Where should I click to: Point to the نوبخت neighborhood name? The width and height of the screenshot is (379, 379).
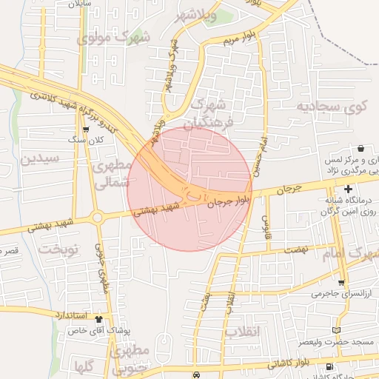[x=58, y=249]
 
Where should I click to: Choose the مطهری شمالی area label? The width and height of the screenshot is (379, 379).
[x=113, y=172]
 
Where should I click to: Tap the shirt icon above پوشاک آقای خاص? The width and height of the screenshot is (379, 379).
[x=99, y=318]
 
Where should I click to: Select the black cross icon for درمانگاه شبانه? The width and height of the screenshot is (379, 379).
[x=348, y=189]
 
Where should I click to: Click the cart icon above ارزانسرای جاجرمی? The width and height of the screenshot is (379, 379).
[x=341, y=283]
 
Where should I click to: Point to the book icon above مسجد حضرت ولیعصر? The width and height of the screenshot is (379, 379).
[x=337, y=329]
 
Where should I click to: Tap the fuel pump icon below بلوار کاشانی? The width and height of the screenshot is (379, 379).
[x=329, y=366]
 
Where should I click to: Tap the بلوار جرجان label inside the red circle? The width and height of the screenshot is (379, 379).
[x=231, y=198]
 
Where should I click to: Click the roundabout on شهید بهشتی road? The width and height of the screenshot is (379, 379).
[x=97, y=218]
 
